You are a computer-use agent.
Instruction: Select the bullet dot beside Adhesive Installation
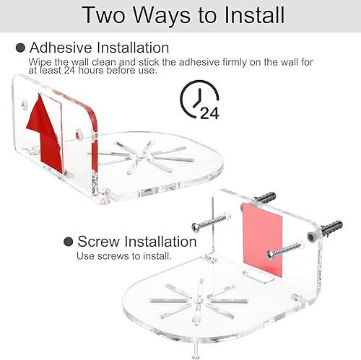19,48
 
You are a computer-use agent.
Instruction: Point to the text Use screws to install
124,256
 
